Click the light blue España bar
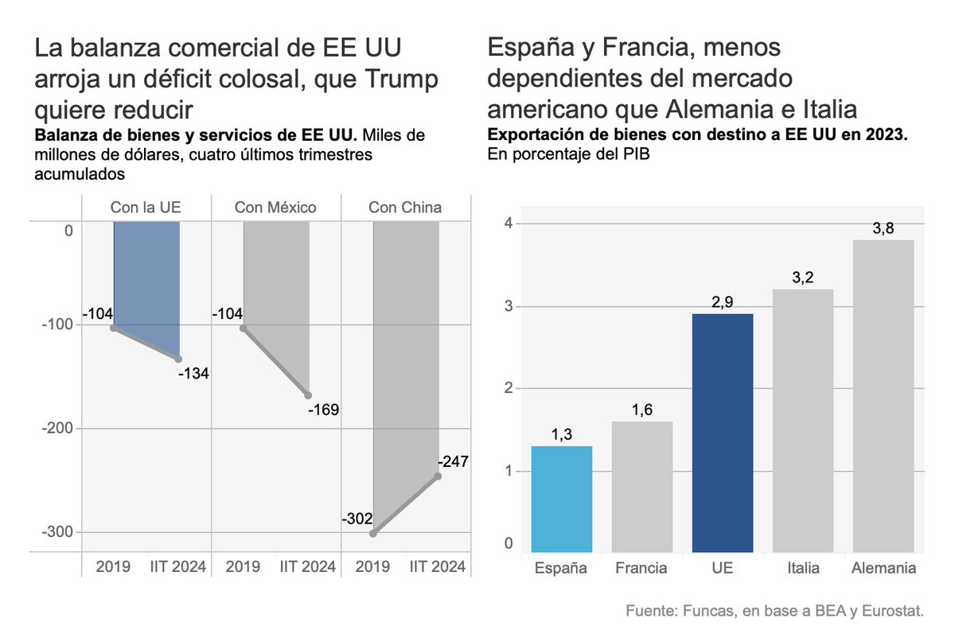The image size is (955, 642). [x=562, y=499]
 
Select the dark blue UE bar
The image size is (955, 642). [x=723, y=433]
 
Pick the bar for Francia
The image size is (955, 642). [x=641, y=487]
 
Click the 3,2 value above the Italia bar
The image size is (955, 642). [x=803, y=278]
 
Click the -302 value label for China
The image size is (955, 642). [x=357, y=519]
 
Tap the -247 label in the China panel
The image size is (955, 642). [x=453, y=461]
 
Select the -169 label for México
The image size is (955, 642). [x=323, y=410]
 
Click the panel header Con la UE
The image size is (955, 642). [x=146, y=208]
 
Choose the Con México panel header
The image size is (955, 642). [x=275, y=208]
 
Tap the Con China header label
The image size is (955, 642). [x=405, y=208]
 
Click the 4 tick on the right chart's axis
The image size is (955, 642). [x=506, y=223]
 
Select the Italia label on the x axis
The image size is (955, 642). [x=803, y=569]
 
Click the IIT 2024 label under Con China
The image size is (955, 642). [x=437, y=567]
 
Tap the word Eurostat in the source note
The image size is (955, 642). [x=894, y=611]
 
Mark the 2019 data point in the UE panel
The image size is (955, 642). [x=114, y=328]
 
